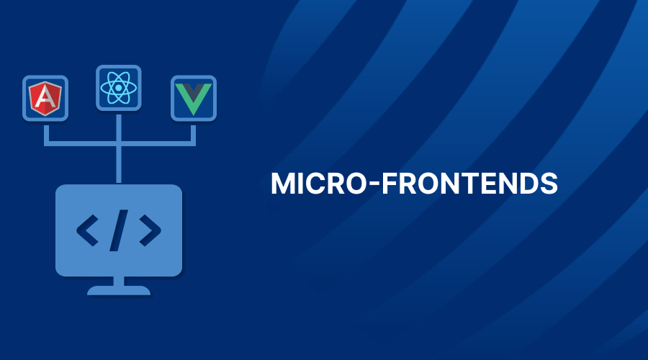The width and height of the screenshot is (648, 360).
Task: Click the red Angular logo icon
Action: [x=45, y=99]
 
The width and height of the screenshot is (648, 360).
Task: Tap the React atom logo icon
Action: [x=119, y=88]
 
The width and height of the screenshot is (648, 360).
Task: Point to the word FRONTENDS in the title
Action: [x=469, y=184]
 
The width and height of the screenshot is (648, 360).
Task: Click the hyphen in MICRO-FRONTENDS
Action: [x=374, y=184]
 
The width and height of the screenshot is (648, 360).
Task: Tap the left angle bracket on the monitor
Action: [x=88, y=230]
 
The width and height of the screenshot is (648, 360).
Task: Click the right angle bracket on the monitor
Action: [x=150, y=230]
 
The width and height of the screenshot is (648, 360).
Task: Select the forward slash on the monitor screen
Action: [x=119, y=230]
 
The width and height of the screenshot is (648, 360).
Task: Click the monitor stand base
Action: [x=119, y=291]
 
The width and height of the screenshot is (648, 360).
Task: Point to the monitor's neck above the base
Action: [x=119, y=281]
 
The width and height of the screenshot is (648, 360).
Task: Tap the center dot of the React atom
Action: [x=119, y=88]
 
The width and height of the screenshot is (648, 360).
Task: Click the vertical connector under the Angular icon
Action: [x=46, y=133]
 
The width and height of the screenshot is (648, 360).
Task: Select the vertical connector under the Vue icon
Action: [x=193, y=133]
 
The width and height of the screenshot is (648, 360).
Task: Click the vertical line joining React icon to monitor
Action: [x=119, y=148]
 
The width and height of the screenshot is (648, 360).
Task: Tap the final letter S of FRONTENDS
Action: [x=549, y=184]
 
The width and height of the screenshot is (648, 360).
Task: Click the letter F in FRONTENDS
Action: [x=389, y=184]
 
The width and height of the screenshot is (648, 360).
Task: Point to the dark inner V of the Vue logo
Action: [x=194, y=91]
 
